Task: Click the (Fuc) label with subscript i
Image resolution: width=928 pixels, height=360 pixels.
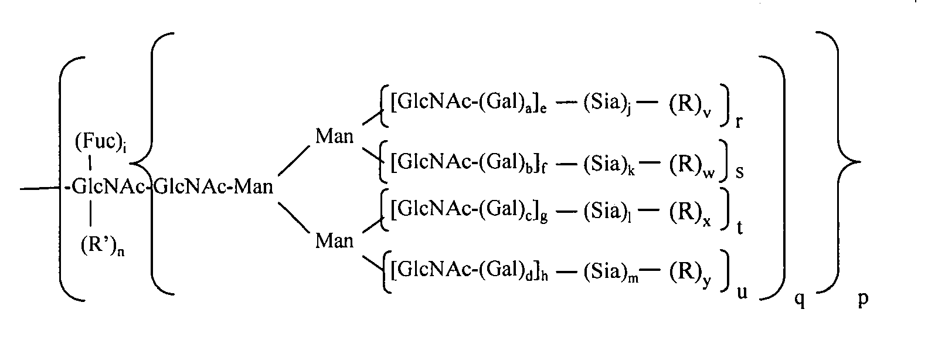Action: point(101,142)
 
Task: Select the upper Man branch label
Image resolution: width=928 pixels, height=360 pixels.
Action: point(334,136)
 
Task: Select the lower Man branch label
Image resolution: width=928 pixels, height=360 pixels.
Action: point(334,241)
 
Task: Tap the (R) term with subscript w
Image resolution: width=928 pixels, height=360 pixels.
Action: point(692,167)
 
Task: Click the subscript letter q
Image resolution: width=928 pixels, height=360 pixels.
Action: point(800,299)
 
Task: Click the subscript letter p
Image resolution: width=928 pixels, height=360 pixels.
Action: point(862,298)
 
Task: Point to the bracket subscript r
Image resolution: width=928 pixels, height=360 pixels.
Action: point(739,122)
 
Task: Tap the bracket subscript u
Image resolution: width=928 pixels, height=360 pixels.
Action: point(742,293)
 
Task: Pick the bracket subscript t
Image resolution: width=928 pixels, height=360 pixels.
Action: point(739,227)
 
